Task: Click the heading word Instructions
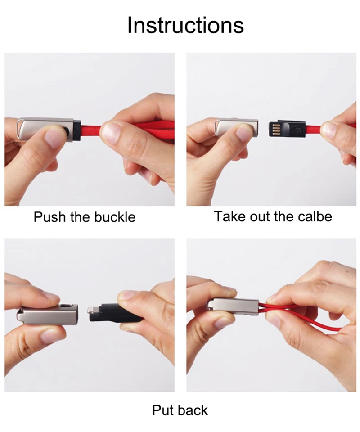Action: point(185,25)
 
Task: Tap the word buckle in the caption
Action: point(115,217)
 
